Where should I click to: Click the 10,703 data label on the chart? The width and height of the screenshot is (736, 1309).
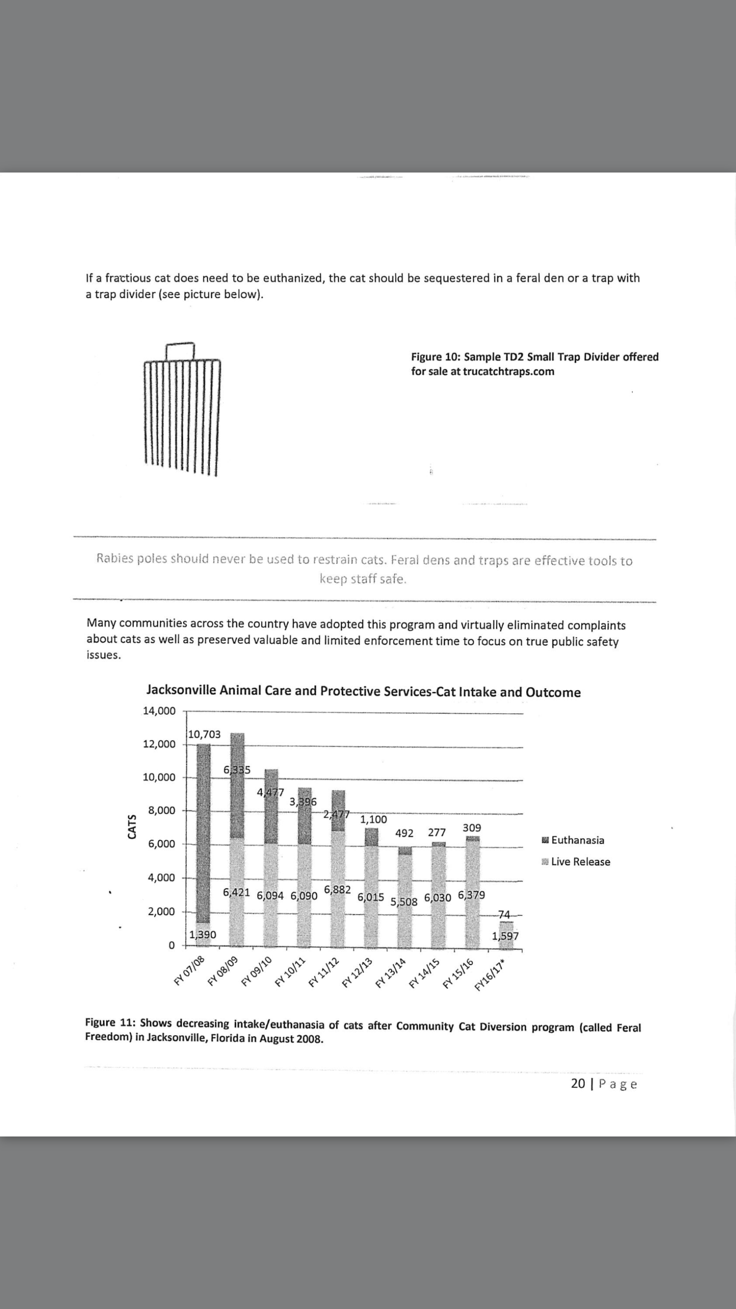204,734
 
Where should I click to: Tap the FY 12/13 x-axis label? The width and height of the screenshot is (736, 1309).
357,972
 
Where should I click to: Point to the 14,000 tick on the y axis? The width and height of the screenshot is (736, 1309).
159,711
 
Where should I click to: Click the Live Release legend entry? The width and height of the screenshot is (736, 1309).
575,861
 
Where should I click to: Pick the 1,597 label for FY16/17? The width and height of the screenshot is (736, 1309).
505,936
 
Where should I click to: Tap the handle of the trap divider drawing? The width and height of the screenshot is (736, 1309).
180,350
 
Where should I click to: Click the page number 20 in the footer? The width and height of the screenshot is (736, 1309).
578,1084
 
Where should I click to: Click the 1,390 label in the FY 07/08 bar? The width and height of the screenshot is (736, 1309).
203,934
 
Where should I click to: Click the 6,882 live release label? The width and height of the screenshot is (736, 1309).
338,890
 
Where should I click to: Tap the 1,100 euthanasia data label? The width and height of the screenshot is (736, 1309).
373,819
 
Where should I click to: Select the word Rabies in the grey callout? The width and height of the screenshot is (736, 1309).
115,558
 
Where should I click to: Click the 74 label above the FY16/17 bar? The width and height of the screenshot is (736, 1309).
504,914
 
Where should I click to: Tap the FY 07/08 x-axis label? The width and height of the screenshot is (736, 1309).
189,971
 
